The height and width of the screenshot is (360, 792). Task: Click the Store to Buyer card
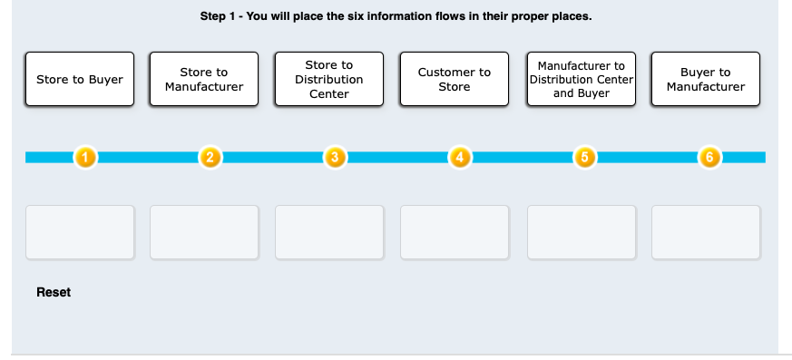coord(80,79)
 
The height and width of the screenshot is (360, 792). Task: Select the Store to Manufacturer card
coord(204,79)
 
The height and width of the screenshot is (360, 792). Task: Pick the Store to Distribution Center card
coord(329,79)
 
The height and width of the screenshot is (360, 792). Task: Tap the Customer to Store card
coord(455,79)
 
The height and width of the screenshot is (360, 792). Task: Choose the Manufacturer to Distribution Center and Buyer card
coord(581,79)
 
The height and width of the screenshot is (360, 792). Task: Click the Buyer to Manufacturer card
coord(705,79)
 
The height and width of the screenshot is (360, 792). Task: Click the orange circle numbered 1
coord(84,158)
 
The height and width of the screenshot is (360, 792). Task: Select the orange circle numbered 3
coord(334,158)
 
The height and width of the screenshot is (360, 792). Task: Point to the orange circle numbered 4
coord(459,158)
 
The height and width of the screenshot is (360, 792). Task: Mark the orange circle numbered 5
coord(584,158)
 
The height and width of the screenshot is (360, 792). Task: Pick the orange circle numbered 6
coord(709,158)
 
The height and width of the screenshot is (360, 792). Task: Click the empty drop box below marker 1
coord(80,232)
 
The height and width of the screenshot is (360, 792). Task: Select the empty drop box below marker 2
coord(204,232)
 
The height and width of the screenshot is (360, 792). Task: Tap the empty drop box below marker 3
coord(329,232)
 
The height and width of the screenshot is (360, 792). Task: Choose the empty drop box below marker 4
coord(455,232)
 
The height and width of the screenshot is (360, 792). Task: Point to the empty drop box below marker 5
coord(581,232)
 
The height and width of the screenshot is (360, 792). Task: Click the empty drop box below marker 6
coord(705,232)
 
